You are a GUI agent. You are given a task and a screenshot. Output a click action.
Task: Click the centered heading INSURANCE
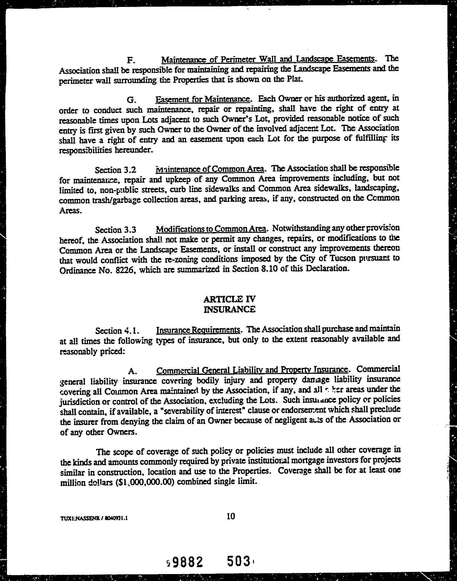(x=230, y=309)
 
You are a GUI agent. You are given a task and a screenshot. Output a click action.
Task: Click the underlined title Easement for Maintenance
(x=203, y=99)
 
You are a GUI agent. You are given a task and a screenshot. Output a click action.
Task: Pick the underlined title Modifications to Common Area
(x=211, y=229)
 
